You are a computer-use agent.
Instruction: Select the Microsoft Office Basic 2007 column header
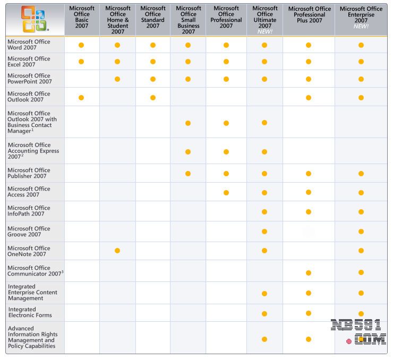click(x=81, y=17)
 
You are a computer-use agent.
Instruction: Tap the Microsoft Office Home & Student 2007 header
click(x=117, y=20)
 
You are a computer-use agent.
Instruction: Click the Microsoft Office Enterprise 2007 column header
click(x=361, y=17)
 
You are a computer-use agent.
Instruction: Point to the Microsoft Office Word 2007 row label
click(x=29, y=45)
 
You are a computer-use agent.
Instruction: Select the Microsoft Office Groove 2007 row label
click(x=29, y=232)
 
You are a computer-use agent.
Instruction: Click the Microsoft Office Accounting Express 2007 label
click(x=33, y=151)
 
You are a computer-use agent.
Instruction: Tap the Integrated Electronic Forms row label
click(x=30, y=312)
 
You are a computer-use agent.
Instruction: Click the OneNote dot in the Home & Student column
click(x=117, y=251)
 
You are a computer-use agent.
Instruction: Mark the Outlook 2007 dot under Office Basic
click(x=81, y=97)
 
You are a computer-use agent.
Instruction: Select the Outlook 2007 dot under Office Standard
click(x=153, y=97)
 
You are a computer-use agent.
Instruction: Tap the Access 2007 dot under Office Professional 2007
click(x=226, y=193)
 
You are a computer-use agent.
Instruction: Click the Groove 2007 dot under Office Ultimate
click(x=264, y=232)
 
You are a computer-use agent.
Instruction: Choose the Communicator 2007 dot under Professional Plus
click(x=309, y=273)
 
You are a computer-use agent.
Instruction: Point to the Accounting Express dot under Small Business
click(x=188, y=152)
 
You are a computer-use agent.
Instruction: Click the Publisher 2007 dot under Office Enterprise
click(x=361, y=174)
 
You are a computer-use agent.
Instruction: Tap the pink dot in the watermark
click(x=349, y=341)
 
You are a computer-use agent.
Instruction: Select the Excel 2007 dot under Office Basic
click(x=81, y=62)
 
